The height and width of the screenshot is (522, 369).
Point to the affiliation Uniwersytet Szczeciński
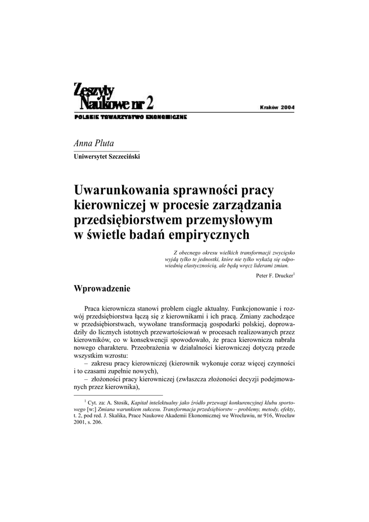click(x=107, y=156)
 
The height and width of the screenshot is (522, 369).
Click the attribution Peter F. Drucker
click(x=274, y=276)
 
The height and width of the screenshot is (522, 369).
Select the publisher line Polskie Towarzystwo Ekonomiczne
click(x=130, y=117)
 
